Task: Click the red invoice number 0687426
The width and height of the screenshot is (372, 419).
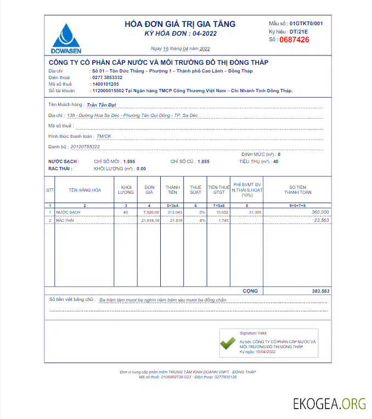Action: point(294,40)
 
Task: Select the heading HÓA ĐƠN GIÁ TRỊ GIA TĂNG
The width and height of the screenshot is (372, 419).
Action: point(180,24)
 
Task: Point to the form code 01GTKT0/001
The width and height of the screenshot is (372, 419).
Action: point(306,24)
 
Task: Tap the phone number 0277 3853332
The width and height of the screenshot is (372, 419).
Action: point(107,77)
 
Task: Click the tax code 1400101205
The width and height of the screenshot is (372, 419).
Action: point(105,84)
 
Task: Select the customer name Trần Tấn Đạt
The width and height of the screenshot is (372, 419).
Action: point(102,104)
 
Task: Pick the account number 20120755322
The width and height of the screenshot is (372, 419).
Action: point(82,147)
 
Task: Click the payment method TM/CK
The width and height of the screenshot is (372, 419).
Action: point(104,136)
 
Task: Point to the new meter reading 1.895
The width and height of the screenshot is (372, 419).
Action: point(129,161)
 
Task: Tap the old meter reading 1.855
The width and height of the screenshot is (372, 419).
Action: point(203,161)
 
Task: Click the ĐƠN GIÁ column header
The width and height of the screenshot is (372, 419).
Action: point(149,189)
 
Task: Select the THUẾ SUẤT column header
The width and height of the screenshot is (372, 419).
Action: point(195,189)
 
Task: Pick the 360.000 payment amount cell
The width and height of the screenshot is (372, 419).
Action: point(320,212)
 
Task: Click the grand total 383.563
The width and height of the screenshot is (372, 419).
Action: point(320,290)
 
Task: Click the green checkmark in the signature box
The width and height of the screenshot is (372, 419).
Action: point(228,344)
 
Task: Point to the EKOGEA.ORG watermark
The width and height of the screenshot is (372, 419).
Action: point(329,404)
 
